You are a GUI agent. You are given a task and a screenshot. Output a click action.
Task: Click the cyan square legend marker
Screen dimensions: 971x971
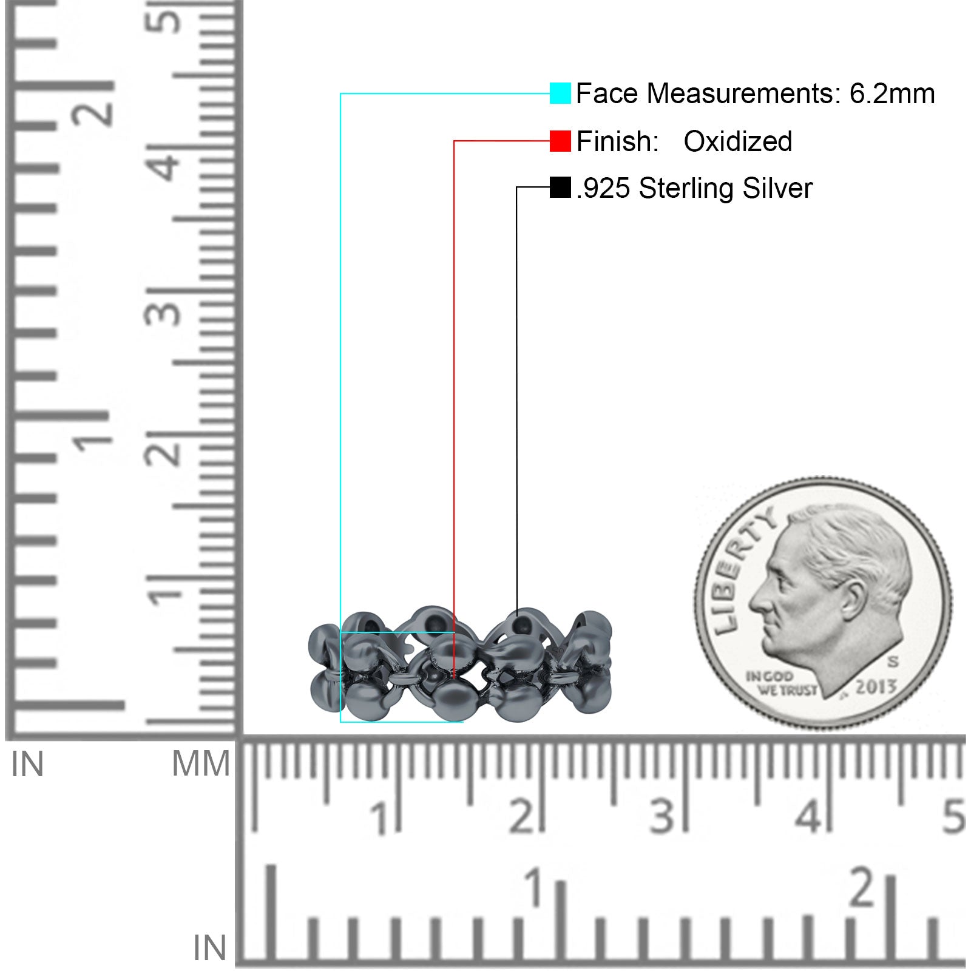(x=560, y=93)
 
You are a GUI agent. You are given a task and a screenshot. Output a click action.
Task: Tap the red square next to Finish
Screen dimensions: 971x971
(x=560, y=141)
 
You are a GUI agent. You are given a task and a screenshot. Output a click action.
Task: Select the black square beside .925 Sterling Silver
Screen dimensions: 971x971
(x=560, y=188)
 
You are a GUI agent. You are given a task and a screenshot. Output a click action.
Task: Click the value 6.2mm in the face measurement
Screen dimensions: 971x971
(x=892, y=93)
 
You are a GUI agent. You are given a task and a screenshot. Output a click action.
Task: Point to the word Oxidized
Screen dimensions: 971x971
(x=738, y=141)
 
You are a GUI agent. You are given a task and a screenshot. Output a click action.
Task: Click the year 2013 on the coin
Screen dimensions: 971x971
(x=876, y=686)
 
